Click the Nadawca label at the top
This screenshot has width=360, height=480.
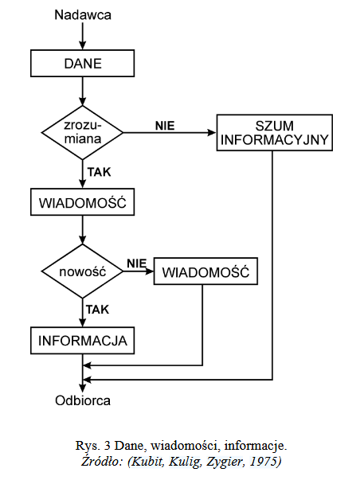click(83, 15)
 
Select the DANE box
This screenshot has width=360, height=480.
click(82, 64)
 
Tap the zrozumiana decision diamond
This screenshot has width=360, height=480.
click(82, 133)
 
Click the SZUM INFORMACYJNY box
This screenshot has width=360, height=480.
click(275, 133)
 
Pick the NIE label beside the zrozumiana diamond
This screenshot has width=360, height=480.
click(165, 126)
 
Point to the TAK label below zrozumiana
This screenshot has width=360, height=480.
click(100, 172)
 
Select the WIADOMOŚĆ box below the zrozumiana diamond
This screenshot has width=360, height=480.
click(82, 202)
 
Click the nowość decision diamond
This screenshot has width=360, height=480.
click(82, 271)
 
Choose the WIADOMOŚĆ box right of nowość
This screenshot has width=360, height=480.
click(205, 271)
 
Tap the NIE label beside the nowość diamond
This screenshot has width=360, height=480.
click(137, 263)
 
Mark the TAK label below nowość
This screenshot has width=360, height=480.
click(97, 310)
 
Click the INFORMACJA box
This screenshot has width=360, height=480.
click(82, 341)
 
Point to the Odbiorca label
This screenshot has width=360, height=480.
click(83, 400)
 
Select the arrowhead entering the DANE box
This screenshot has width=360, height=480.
click(82, 45)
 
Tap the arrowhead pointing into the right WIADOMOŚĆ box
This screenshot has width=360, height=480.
click(150, 271)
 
